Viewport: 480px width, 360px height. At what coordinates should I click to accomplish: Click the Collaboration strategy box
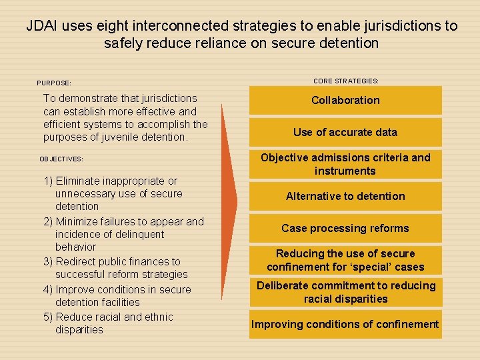point(345,100)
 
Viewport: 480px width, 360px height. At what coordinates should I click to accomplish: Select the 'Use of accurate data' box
point(345,132)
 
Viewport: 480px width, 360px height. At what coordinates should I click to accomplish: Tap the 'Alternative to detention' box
point(345,196)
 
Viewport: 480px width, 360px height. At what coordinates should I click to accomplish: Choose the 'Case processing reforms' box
point(345,228)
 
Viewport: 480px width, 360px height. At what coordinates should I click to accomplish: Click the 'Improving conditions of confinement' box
point(345,325)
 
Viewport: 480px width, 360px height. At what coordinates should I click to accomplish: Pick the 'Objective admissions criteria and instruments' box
point(345,164)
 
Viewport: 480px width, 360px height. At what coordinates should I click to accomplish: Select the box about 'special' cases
point(345,260)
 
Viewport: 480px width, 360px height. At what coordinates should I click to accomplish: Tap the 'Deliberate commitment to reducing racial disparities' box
point(345,292)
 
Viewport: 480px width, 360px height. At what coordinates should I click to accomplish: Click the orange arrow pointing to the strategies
point(228,200)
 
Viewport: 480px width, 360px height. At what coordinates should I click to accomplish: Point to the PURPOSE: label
point(54,83)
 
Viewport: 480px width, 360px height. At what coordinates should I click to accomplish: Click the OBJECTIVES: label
point(61,159)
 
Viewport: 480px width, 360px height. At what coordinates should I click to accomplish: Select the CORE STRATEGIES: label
point(345,81)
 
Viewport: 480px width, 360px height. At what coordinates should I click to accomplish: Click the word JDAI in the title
point(42,26)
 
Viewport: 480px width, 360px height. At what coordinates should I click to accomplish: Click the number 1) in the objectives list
point(49,181)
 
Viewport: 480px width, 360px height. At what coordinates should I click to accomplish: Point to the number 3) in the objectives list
point(49,262)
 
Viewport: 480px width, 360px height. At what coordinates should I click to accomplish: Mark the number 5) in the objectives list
point(49,317)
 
